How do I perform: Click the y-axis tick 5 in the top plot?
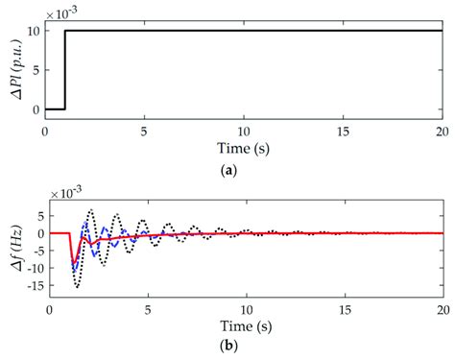click(36, 70)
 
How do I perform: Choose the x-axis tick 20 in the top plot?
click(440, 128)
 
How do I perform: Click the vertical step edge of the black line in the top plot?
click(64, 69)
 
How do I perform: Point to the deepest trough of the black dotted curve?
click(77, 286)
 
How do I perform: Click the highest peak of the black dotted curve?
click(91, 210)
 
